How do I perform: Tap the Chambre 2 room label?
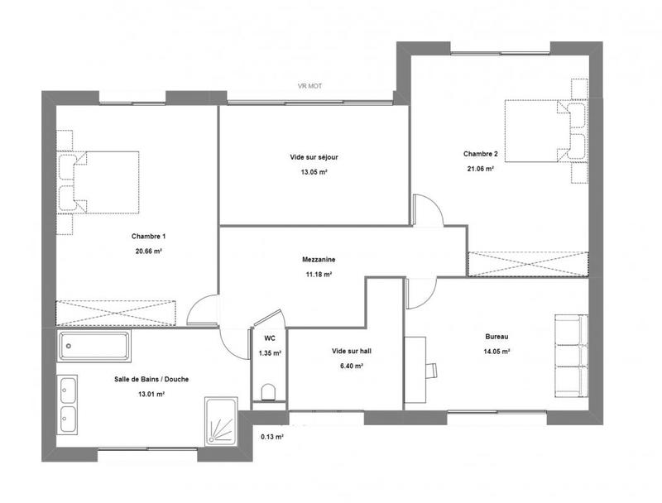coord(480,154)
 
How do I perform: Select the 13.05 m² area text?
coord(314,173)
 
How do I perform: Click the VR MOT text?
coord(309,86)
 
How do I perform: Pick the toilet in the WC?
coord(267,392)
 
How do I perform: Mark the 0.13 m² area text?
coord(272,436)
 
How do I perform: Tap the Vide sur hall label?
coord(351,352)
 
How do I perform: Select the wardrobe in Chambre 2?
coord(528,263)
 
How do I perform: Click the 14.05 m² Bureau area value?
coord(496,351)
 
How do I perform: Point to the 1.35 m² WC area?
coord(270,353)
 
